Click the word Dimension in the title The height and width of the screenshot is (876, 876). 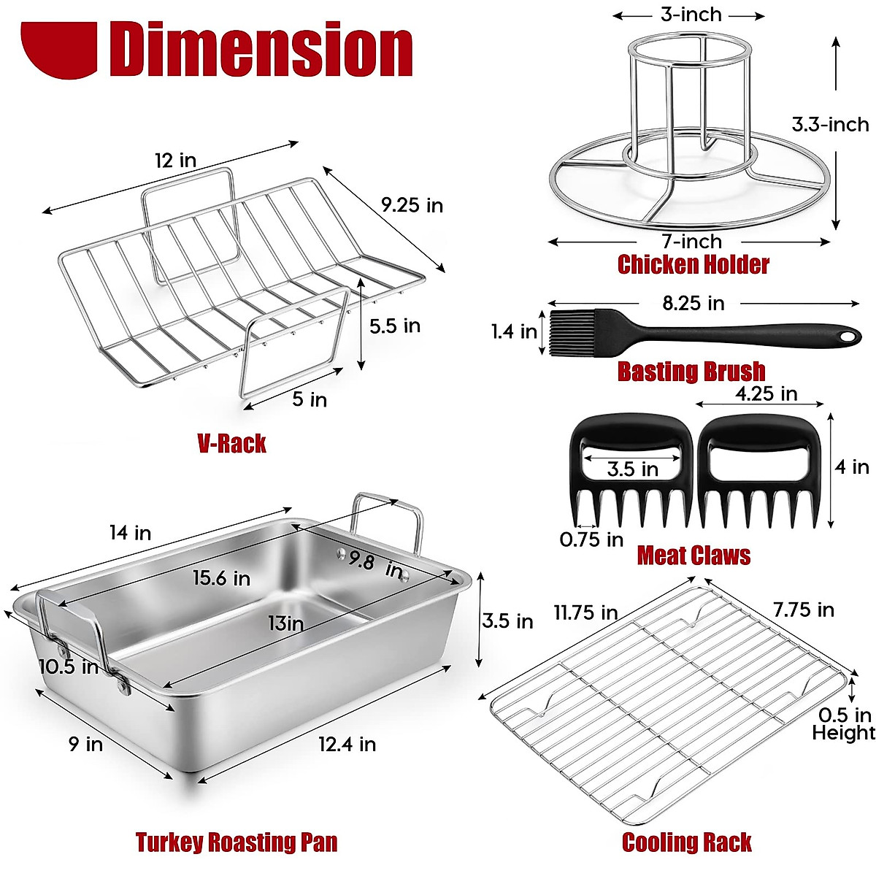point(261,49)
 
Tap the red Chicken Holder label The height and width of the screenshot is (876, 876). point(693,264)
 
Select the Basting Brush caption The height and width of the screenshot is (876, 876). point(691,371)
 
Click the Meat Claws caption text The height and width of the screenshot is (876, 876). point(693,556)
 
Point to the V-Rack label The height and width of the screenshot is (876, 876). point(231,443)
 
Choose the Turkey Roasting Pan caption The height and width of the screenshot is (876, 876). point(237,842)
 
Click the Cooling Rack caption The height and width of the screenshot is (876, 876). point(686,842)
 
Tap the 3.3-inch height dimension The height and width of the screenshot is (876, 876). point(830,125)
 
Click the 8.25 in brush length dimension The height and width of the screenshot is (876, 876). point(693,303)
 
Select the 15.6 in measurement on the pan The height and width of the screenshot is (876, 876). point(221,578)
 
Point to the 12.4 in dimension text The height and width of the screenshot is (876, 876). point(347,744)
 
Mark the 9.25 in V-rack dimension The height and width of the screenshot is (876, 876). point(412,205)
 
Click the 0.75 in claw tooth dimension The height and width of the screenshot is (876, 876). point(591,539)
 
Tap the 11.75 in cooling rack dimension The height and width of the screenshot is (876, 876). point(585,612)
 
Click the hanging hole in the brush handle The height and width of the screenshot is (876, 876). point(846,337)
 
